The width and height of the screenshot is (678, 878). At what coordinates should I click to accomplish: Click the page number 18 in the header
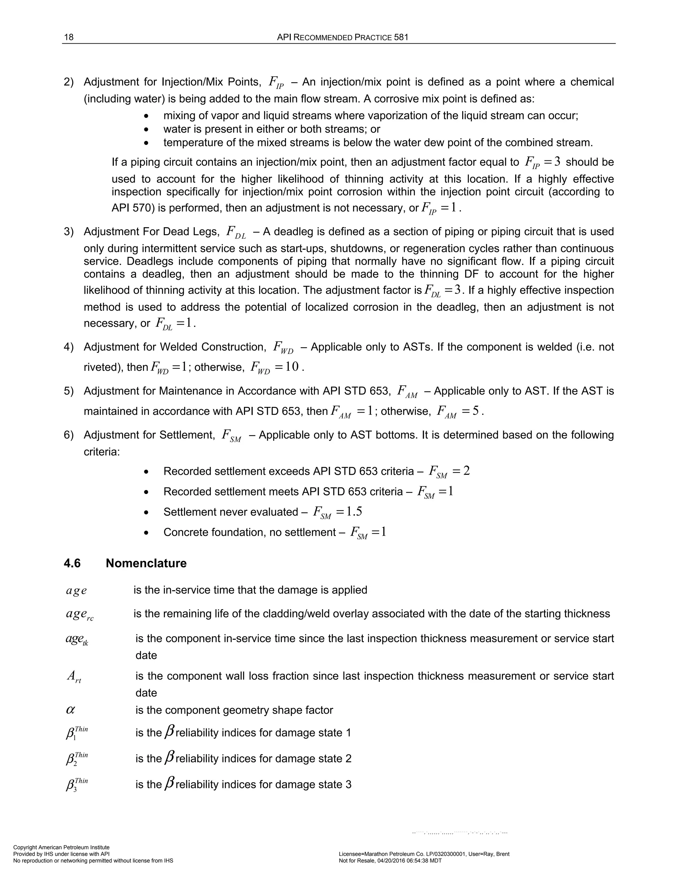[x=69, y=37]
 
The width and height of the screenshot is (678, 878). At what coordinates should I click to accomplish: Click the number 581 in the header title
[x=401, y=37]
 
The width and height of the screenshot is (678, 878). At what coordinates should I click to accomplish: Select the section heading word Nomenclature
[x=146, y=563]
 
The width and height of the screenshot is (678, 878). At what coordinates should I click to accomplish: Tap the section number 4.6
[x=72, y=563]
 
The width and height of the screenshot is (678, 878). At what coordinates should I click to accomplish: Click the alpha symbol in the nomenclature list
[x=70, y=710]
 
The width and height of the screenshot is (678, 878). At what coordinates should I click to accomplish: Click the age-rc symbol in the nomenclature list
[x=79, y=615]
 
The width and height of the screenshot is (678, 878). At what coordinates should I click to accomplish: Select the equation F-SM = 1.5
[x=337, y=512]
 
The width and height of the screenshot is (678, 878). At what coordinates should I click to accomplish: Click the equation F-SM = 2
[x=449, y=471]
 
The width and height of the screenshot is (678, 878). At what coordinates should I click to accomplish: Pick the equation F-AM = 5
[x=458, y=412]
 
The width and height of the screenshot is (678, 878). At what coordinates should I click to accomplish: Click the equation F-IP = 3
[x=542, y=162]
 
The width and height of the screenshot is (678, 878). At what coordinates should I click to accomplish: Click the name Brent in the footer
[x=502, y=854]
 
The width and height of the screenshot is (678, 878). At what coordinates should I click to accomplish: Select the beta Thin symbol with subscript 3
[x=76, y=785]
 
